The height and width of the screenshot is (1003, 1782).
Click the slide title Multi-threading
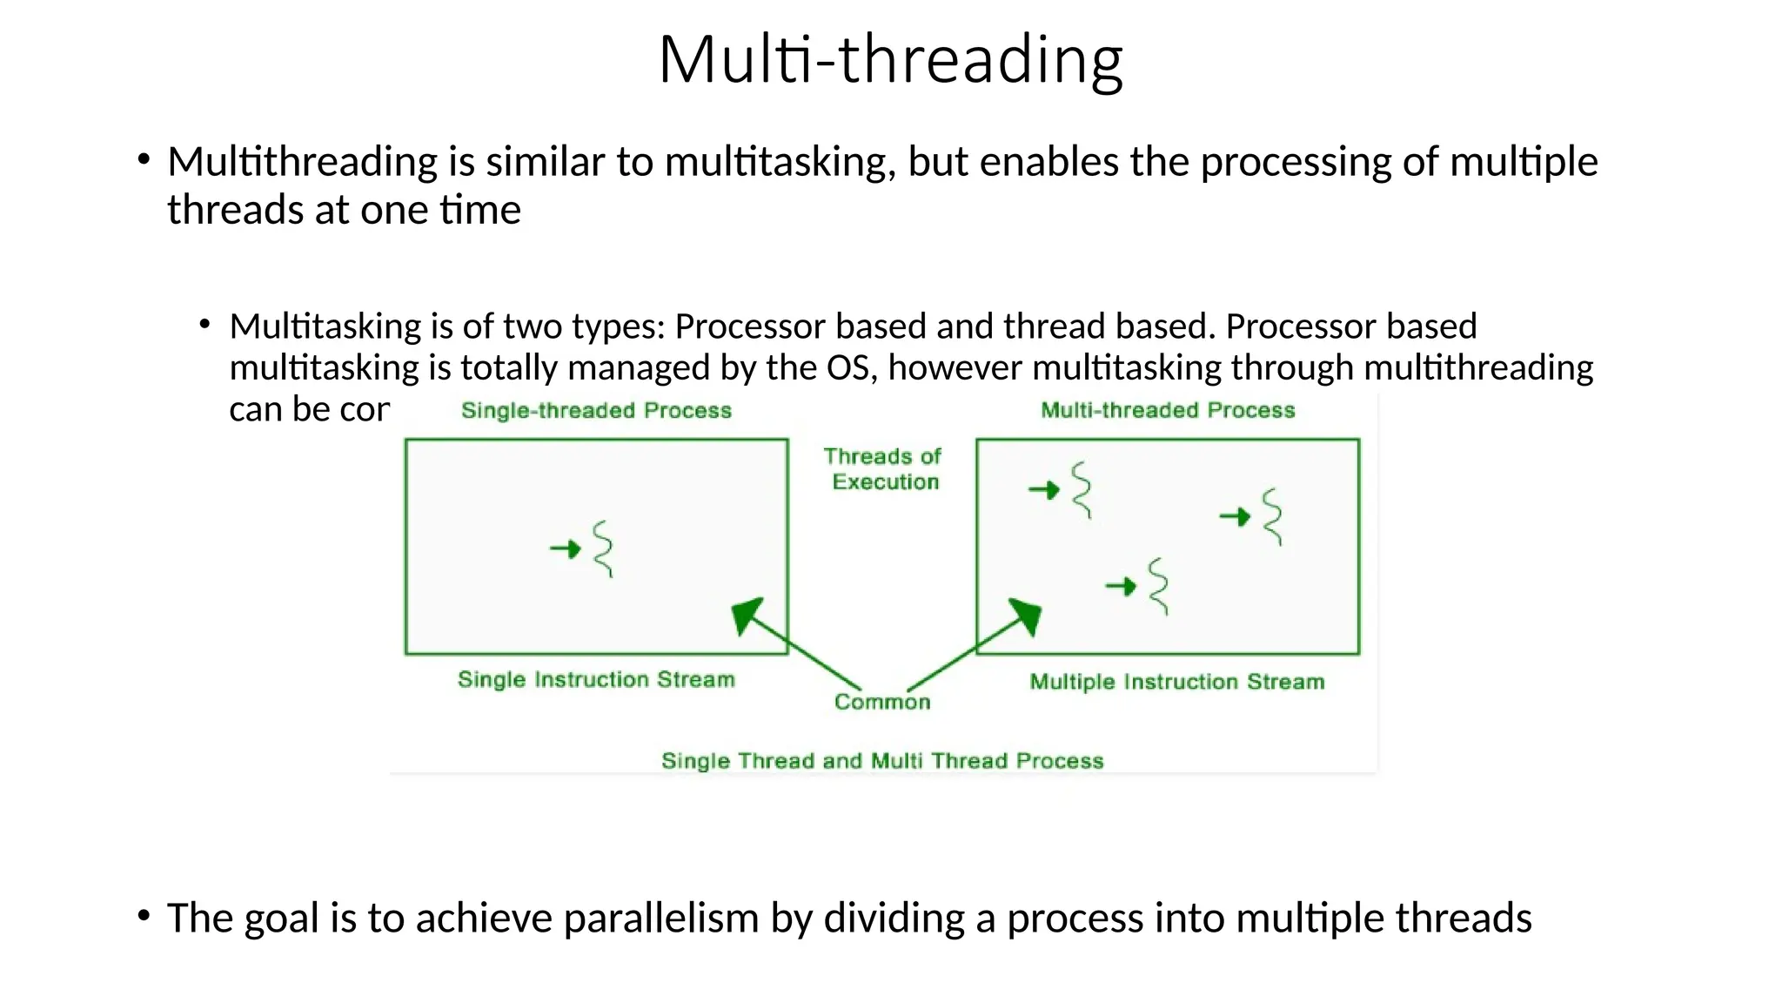tap(890, 59)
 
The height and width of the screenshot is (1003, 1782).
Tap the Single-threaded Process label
tap(596, 410)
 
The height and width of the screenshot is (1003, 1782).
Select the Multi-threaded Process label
tap(1168, 410)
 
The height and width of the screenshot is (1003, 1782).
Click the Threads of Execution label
tap(883, 468)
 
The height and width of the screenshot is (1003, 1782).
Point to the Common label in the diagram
tap(882, 702)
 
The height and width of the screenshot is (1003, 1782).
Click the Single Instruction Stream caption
tap(596, 679)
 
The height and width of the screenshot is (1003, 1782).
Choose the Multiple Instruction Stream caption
tap(1176, 682)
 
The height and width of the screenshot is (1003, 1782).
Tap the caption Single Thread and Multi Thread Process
tap(882, 761)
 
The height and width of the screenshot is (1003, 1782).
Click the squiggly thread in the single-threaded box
tap(603, 549)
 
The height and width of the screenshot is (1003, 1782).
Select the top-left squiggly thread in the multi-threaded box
tap(1081, 490)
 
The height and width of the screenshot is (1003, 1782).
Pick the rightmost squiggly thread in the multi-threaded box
tap(1272, 517)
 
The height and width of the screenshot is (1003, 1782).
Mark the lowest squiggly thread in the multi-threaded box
tap(1158, 587)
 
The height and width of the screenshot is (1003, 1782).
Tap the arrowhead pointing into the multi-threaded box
tap(1026, 615)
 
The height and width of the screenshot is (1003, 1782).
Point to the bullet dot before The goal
tap(144, 915)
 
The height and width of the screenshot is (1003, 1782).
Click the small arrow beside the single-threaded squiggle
tap(566, 549)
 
